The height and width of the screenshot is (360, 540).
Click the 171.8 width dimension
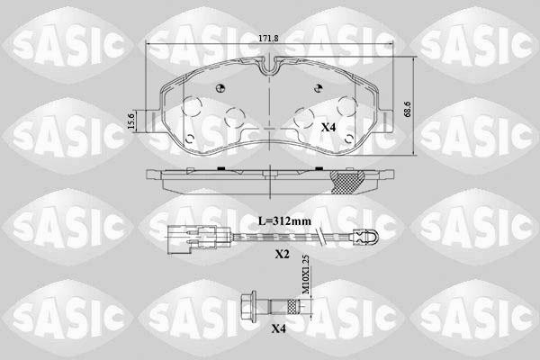(269, 38)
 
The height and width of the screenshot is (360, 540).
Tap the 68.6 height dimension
(409, 109)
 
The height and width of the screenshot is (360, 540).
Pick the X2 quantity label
(282, 256)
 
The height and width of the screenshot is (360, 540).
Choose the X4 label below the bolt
(280, 329)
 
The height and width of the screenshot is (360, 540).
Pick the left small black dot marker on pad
(220, 87)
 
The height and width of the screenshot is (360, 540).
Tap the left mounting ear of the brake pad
(153, 118)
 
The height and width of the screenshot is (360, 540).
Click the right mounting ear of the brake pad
(385, 118)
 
